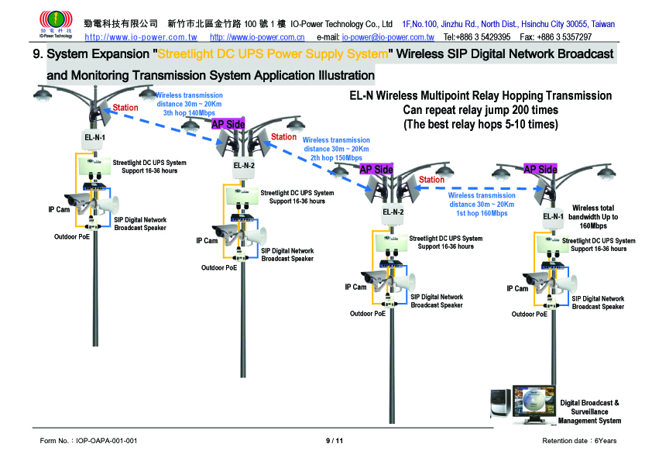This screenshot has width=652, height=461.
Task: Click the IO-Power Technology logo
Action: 55,23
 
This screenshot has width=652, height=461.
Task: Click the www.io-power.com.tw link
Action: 140,36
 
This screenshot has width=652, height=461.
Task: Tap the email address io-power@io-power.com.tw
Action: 387,36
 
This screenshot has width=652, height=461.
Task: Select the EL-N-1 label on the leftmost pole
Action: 94,138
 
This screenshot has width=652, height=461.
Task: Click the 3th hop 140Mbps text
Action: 189,113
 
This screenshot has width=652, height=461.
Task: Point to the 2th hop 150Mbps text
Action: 336,157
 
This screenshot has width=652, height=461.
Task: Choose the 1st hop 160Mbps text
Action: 482,213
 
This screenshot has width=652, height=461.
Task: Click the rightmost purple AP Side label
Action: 540,169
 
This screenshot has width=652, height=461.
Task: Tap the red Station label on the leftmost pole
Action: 125,108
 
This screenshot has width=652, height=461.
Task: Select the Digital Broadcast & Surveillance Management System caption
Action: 589,412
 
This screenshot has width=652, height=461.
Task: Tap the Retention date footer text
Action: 579,441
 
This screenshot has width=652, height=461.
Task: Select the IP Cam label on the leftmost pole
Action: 59,210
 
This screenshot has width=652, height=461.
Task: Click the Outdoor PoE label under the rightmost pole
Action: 529,315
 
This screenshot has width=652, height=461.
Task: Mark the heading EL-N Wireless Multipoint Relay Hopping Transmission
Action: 480,96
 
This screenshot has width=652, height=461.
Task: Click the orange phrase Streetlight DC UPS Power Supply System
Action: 273,55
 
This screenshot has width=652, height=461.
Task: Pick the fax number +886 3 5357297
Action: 556,36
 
